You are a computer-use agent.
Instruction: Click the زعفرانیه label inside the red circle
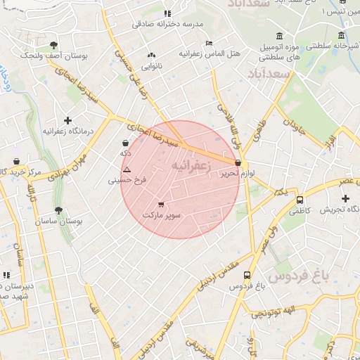188,165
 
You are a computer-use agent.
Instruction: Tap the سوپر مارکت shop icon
162,205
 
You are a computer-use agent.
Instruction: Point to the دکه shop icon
125,143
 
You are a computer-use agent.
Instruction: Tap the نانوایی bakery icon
150,56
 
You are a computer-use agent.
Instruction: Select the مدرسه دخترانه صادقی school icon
167,13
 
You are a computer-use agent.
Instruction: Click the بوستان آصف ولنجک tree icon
53,45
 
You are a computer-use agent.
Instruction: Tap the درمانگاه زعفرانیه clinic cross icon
67,121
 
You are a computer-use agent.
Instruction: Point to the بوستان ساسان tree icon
58,210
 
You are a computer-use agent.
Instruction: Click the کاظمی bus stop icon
300,200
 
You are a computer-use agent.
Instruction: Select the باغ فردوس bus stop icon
247,276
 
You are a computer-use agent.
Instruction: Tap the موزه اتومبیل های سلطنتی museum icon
280,36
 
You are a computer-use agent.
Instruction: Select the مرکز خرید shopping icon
16,161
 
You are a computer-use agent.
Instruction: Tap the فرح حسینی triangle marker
127,169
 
